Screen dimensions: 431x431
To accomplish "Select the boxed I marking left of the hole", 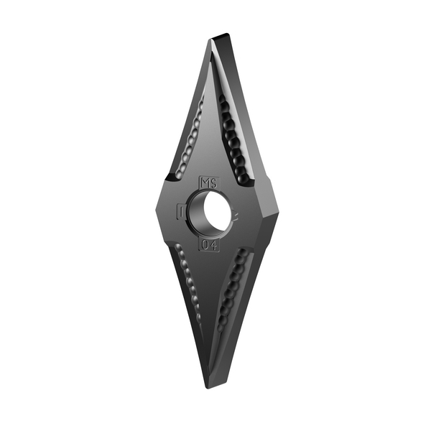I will [181, 213].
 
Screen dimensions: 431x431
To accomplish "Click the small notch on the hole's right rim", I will [234, 213].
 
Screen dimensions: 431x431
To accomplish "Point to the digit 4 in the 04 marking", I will [215, 246].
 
